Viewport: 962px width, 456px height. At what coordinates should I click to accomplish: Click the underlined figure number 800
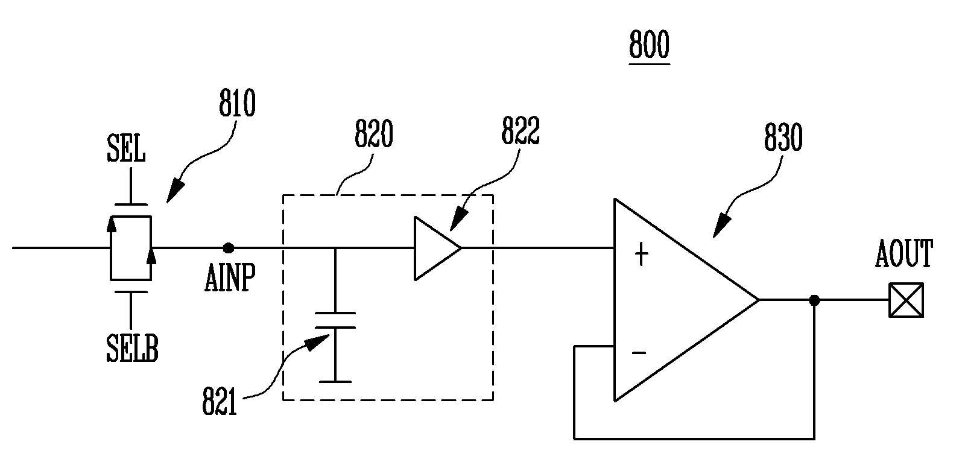(x=649, y=44)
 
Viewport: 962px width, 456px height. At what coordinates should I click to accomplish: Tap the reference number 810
(x=237, y=103)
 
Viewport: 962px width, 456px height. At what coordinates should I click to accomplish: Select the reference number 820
(x=373, y=133)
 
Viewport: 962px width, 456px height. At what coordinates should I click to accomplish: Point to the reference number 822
(x=521, y=130)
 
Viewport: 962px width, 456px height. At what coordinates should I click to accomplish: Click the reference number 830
(x=783, y=138)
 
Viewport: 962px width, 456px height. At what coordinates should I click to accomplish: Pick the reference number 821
(x=219, y=401)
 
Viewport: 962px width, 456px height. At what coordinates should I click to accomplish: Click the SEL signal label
(x=126, y=148)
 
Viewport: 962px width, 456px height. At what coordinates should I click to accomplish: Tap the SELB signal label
(x=132, y=348)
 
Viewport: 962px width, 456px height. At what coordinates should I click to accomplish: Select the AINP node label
(x=230, y=277)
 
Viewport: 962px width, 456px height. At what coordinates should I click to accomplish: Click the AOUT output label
(x=904, y=254)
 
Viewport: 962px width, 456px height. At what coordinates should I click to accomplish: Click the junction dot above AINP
(x=229, y=248)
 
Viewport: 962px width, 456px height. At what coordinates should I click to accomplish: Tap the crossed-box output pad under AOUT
(x=906, y=300)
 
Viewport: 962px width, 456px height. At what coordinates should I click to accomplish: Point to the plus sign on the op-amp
(x=641, y=254)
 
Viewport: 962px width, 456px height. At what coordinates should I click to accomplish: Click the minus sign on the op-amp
(x=639, y=353)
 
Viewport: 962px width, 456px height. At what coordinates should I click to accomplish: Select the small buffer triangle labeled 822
(x=438, y=248)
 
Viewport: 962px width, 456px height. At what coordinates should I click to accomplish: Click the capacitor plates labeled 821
(x=335, y=320)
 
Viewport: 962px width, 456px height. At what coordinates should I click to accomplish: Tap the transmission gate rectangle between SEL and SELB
(x=131, y=248)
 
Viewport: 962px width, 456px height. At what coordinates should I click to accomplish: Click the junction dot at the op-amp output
(x=814, y=300)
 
